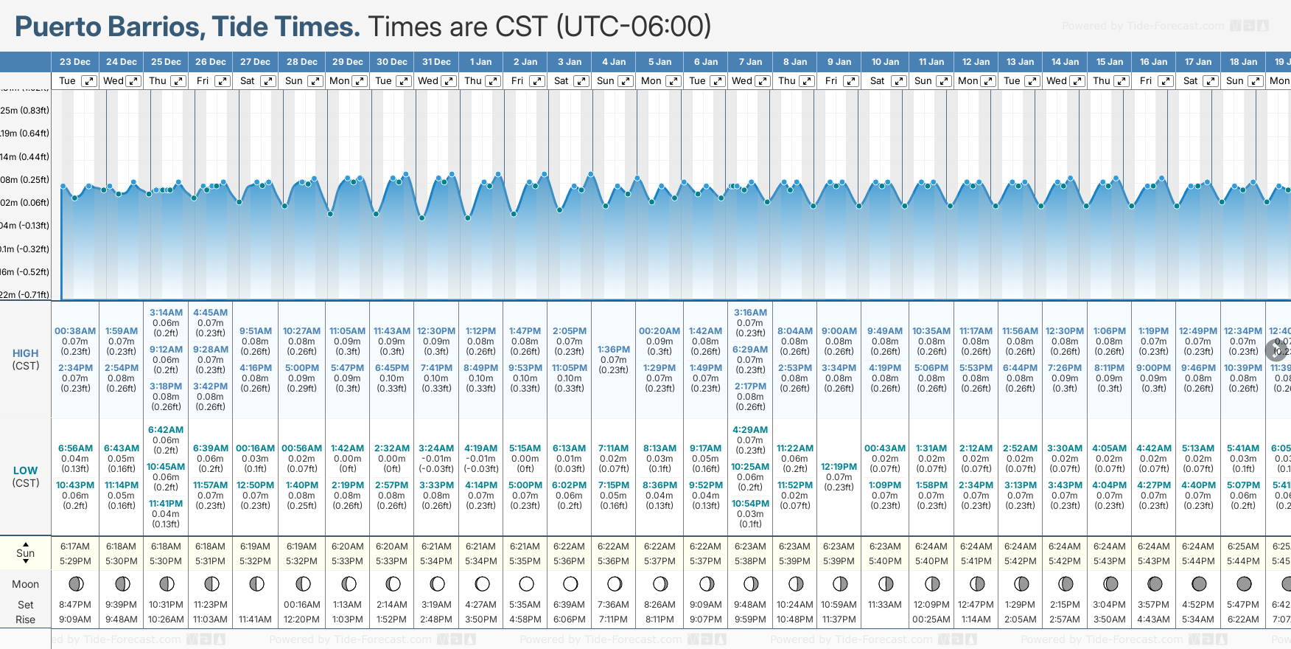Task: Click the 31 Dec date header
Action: [436, 62]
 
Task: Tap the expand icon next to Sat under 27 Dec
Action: [268, 81]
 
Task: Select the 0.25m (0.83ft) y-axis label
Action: [25, 111]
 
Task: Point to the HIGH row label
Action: [25, 353]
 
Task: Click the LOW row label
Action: [25, 471]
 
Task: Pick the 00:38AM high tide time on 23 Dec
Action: [75, 331]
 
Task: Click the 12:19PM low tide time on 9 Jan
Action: [839, 467]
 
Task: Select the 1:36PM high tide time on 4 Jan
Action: [614, 350]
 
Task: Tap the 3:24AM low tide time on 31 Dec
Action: [436, 448]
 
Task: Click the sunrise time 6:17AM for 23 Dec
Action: [75, 546]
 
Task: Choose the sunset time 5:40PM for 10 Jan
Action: [885, 561]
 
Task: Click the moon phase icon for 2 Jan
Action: [526, 584]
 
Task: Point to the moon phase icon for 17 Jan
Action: [1199, 584]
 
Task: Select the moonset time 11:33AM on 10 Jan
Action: [885, 605]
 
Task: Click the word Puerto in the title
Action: [58, 27]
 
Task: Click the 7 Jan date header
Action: [750, 62]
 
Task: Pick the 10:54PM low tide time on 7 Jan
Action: [750, 504]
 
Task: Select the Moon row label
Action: [25, 584]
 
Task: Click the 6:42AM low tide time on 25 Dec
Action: [166, 430]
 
